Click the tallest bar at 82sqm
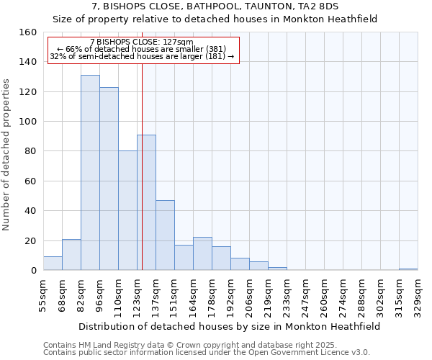point(90,173)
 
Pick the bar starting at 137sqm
point(165,235)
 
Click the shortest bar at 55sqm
point(53,264)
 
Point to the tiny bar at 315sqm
point(408,269)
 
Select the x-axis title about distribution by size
point(229,326)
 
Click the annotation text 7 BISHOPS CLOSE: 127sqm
point(142,42)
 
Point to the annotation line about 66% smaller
point(142,49)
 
